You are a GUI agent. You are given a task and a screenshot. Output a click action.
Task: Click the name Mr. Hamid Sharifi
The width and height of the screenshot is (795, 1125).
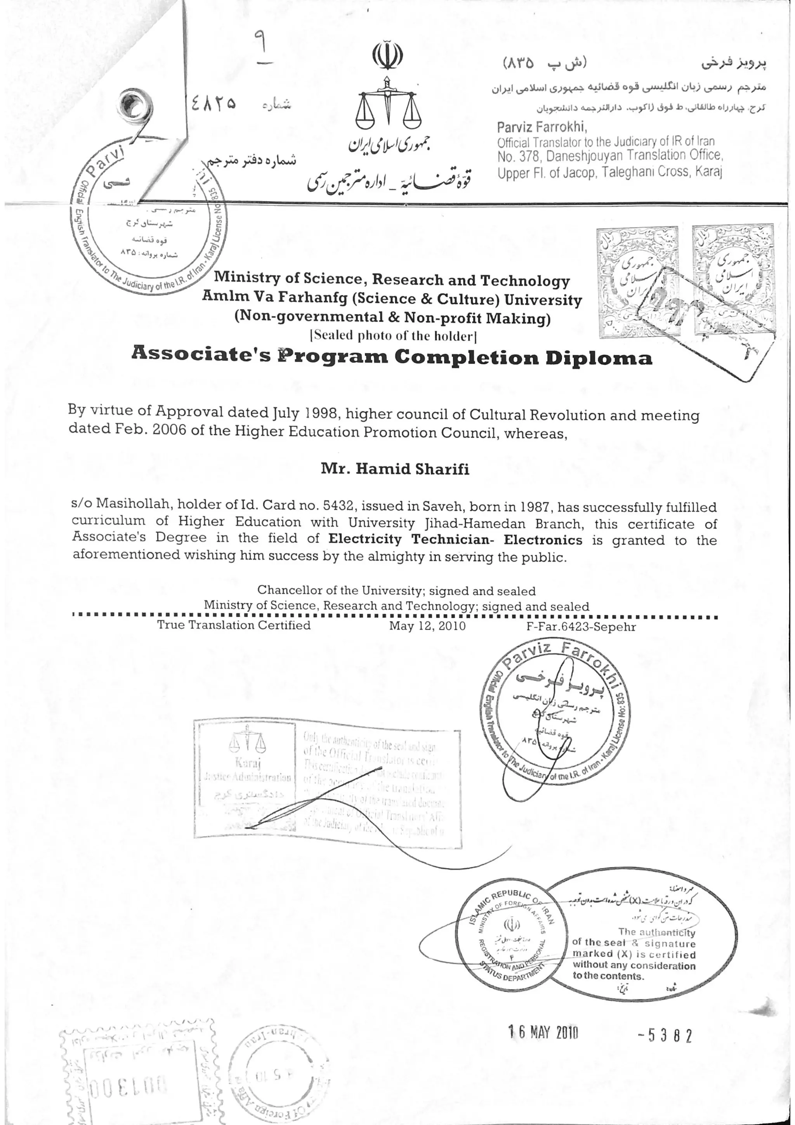pos(395,469)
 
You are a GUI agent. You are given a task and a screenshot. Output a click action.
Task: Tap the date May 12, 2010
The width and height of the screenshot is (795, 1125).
pos(427,626)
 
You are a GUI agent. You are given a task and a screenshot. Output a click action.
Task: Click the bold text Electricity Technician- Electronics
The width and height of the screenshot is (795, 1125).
pos(455,540)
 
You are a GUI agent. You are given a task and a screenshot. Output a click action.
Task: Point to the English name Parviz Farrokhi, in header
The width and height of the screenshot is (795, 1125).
pos(542,127)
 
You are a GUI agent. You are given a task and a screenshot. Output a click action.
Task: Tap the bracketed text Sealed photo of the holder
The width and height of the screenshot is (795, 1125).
pos(393,336)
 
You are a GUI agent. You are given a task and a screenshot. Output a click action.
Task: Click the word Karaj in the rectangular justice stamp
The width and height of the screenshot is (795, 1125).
pos(248,763)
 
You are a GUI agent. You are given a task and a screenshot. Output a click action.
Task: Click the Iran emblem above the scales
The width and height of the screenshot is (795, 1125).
pos(387,56)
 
